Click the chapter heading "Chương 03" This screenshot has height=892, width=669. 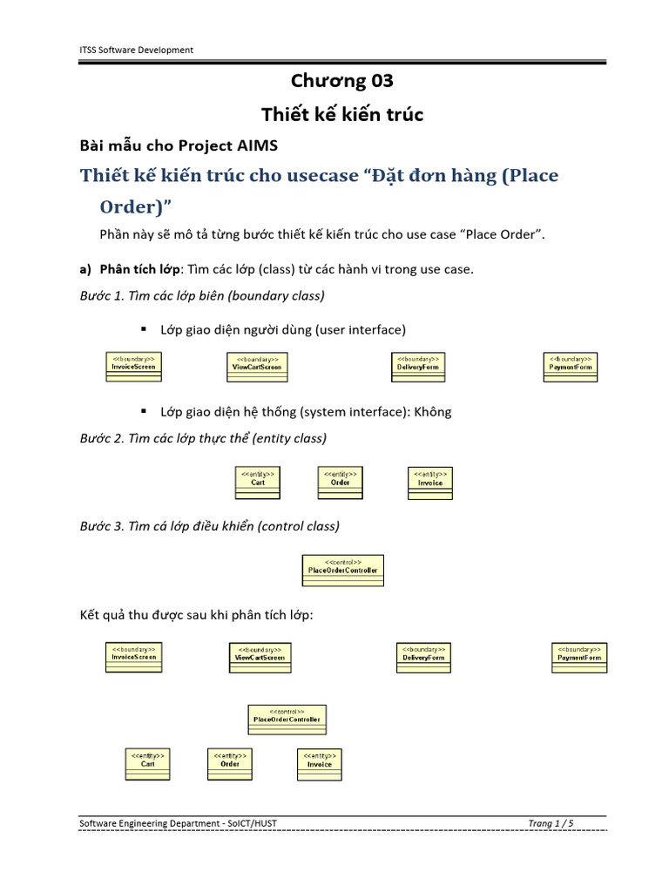point(342,81)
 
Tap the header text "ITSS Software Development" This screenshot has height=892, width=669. point(136,50)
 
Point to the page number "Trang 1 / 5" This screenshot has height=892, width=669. point(551,823)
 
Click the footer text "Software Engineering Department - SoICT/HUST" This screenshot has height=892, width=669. point(178,823)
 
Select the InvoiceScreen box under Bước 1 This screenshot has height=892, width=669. point(133,367)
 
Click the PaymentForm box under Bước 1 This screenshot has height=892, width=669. point(571,367)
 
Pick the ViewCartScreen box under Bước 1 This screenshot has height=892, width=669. point(257,368)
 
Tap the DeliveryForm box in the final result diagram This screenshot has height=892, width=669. point(423,658)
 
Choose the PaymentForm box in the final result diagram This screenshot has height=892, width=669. point(579,658)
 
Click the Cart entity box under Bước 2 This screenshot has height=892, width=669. point(258,483)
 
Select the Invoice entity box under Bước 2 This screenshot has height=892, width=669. point(430,483)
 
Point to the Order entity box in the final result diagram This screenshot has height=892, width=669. point(230,764)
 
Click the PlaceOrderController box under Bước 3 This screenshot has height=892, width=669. point(343,570)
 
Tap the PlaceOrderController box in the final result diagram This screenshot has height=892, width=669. point(287,720)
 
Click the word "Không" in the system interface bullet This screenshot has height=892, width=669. point(434,412)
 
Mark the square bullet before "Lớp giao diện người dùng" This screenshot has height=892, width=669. point(141,330)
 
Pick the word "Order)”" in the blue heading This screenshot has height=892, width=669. point(134,207)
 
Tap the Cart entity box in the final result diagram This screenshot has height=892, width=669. point(147,764)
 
